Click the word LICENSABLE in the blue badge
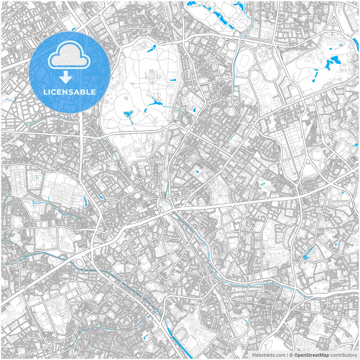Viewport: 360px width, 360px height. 69,92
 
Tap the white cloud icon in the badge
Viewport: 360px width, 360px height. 69,55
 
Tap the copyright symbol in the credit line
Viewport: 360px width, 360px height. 291,355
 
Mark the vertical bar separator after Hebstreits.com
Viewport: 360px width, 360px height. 287,355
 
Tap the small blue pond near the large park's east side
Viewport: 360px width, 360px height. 172,80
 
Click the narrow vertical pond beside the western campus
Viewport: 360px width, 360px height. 85,200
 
